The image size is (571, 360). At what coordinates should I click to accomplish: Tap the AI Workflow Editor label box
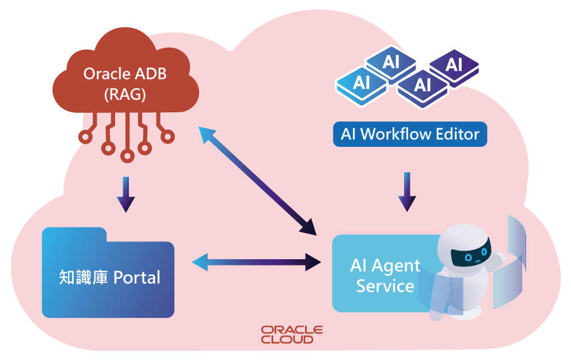click(x=410, y=134)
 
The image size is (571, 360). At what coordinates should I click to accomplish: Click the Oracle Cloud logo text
click(x=292, y=334)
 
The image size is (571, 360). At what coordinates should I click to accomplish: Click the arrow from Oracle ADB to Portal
click(x=125, y=195)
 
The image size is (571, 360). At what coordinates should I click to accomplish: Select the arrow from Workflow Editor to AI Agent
click(x=407, y=191)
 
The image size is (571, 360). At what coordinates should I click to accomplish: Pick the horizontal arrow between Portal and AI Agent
click(x=256, y=263)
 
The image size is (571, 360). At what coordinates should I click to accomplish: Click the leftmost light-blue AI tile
click(x=361, y=83)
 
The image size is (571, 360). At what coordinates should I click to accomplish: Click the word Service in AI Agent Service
click(x=385, y=286)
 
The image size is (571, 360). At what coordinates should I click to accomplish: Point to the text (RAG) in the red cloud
click(x=125, y=94)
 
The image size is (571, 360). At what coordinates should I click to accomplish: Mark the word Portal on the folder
click(x=136, y=278)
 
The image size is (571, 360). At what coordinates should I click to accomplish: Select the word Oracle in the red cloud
click(x=103, y=74)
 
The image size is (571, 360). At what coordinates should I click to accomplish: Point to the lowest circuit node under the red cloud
click(x=127, y=156)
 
